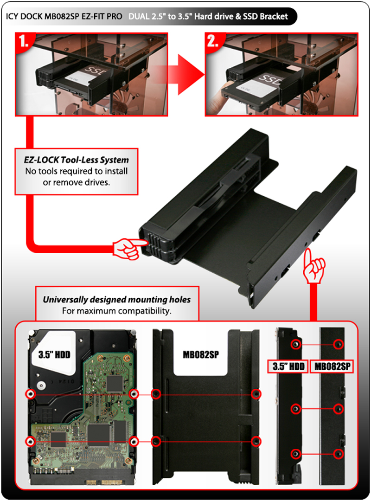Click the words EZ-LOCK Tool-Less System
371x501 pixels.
[77, 160]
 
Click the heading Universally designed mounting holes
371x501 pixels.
[117, 300]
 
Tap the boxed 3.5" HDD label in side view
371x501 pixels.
[288, 366]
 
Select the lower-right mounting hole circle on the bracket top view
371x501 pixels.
[255, 441]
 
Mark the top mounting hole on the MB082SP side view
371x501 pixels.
[339, 344]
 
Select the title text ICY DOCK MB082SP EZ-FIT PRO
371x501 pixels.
[64, 17]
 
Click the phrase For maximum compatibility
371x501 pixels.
[117, 310]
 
